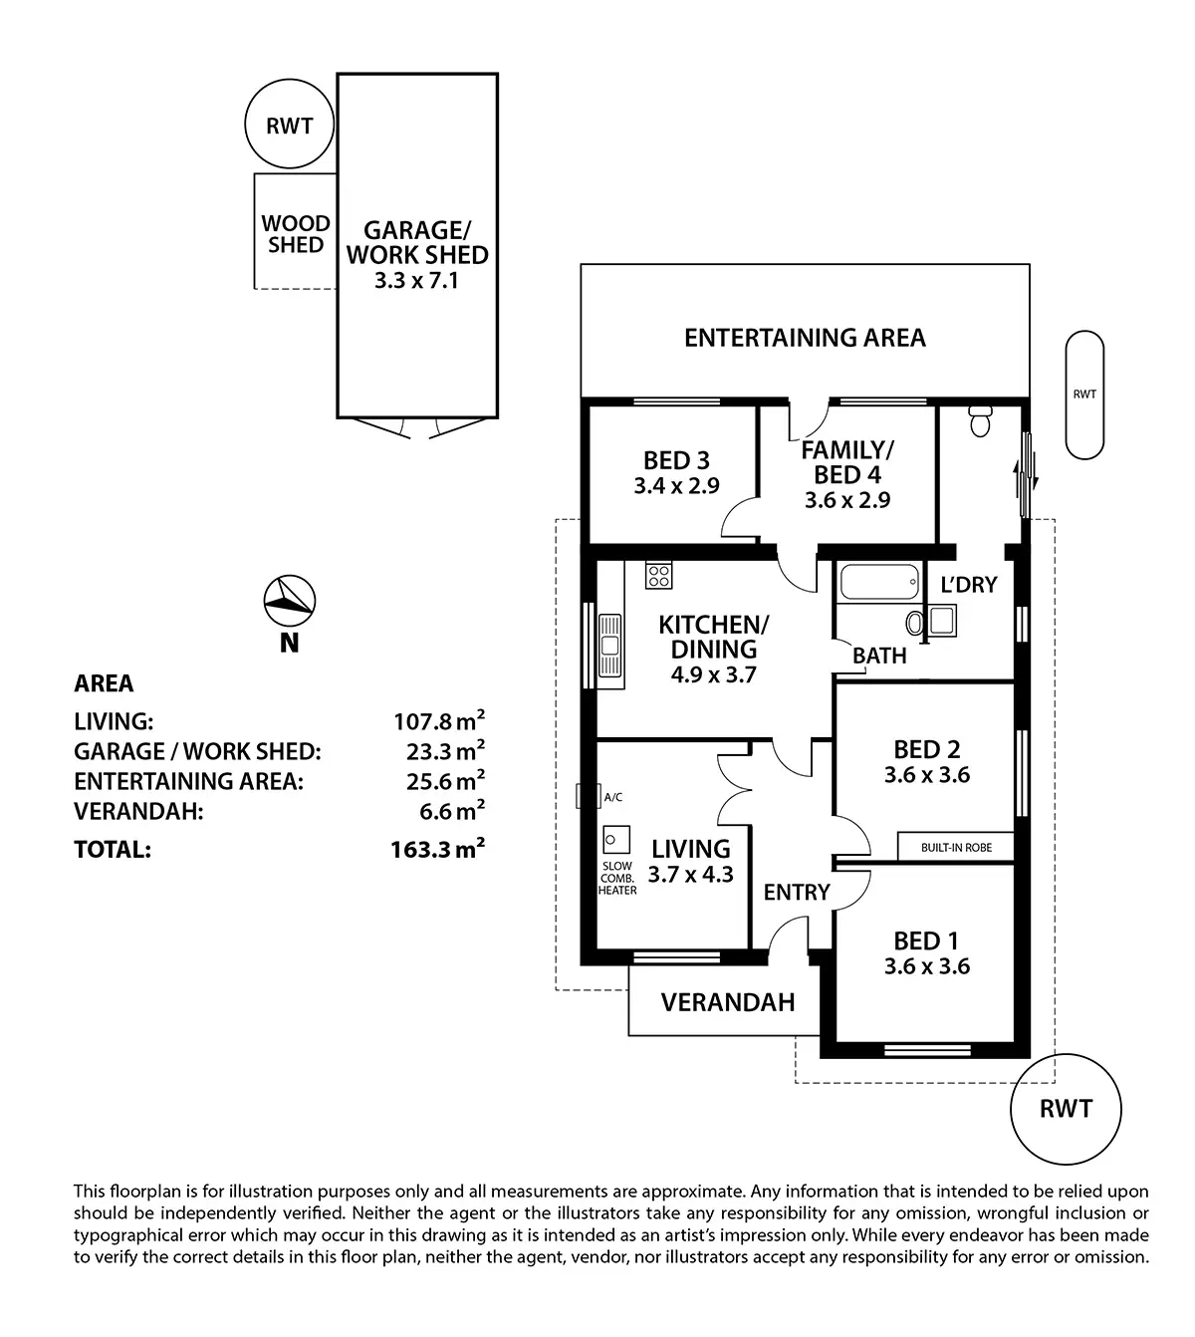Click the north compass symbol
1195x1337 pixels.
click(289, 601)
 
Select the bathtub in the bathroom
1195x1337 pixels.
click(877, 582)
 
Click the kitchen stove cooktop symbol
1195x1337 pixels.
click(658, 575)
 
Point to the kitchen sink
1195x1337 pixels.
click(609, 647)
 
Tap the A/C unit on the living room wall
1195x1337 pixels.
click(584, 797)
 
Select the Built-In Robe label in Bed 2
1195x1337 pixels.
click(956, 848)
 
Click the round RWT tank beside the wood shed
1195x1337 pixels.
click(289, 126)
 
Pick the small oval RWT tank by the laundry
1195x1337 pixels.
click(1084, 395)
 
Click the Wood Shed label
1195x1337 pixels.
click(295, 234)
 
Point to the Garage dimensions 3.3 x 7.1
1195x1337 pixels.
click(416, 281)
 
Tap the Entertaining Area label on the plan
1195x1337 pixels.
click(805, 338)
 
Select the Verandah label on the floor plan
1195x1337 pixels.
click(728, 1001)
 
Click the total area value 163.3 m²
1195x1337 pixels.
click(437, 850)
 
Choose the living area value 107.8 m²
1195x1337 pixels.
click(439, 720)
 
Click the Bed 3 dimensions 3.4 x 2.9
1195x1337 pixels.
click(676, 486)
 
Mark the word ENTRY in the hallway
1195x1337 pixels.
click(797, 893)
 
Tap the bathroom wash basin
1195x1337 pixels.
click(915, 624)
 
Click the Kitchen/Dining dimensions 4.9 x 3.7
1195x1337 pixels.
click(713, 674)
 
